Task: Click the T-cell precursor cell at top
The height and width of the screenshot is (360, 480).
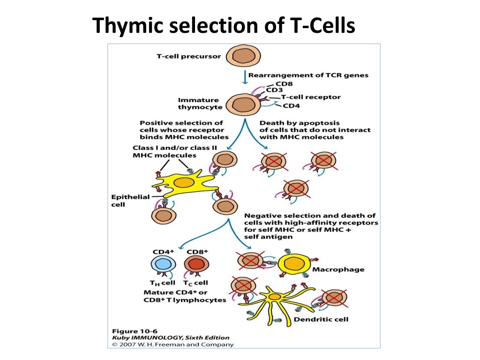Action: [243, 56]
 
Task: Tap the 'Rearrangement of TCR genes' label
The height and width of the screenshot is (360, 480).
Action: [308, 75]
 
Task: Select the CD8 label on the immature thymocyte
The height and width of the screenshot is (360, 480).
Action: [284, 83]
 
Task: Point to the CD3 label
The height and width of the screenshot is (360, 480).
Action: [274, 90]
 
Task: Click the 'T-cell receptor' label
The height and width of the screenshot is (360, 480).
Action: [311, 97]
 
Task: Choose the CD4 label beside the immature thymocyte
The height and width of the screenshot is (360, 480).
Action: [292, 106]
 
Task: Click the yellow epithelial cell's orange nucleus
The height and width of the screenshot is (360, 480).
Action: [184, 183]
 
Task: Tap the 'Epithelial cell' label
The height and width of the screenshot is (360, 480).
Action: [130, 201]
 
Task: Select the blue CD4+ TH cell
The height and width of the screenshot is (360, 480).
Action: [164, 264]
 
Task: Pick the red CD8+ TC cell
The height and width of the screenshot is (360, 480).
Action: [196, 264]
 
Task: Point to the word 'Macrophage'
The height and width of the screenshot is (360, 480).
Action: [338, 270]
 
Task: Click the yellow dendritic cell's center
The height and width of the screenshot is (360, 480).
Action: [275, 297]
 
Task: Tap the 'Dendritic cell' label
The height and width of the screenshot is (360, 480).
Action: [321, 320]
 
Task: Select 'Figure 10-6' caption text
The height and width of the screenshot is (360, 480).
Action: [135, 331]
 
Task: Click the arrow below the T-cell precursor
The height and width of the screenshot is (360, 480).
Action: [245, 77]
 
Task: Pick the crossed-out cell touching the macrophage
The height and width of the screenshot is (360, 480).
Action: [250, 261]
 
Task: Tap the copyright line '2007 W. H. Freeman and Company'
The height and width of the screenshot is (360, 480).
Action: [176, 345]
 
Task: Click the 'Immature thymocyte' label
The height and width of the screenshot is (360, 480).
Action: [200, 104]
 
